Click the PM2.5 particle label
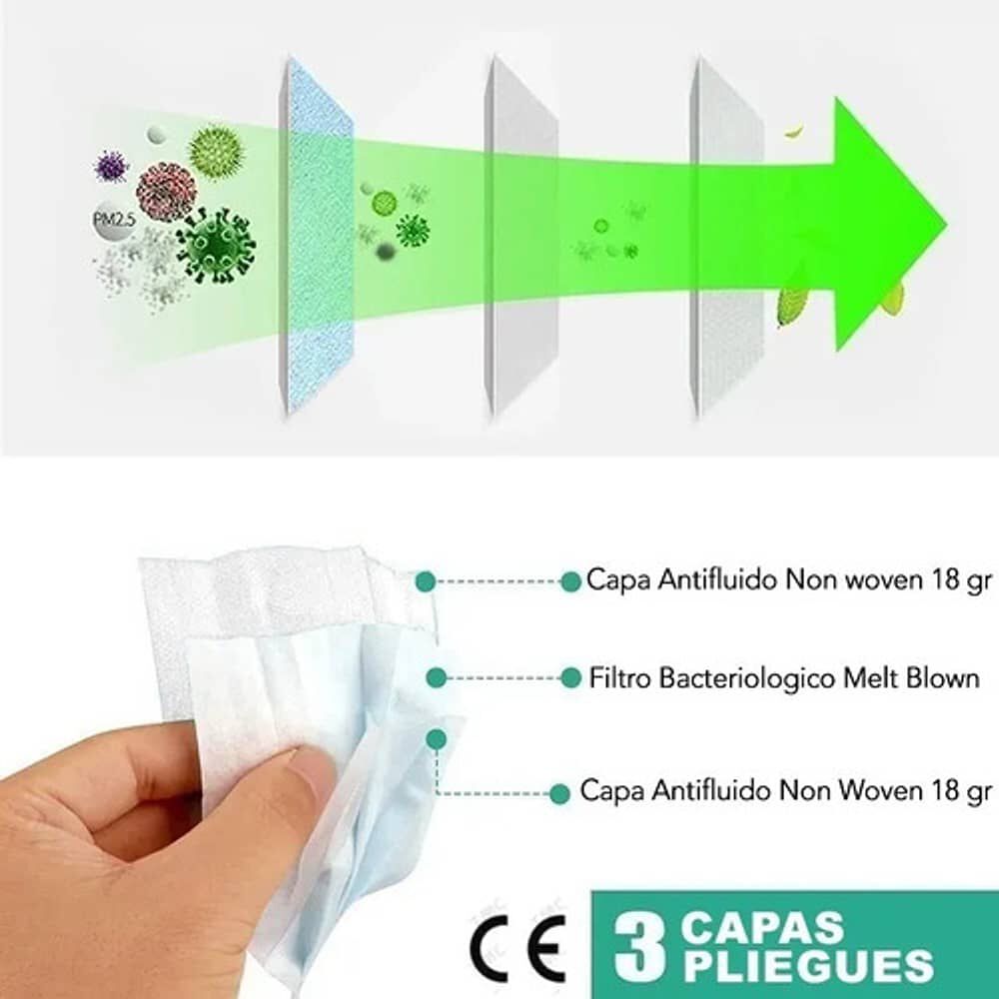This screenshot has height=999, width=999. (x=114, y=221)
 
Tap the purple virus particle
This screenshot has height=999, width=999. (x=111, y=166)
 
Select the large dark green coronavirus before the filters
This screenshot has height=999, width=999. (x=217, y=246)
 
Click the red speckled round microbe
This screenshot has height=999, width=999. (x=166, y=191)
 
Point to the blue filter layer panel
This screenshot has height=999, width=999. (x=317, y=236)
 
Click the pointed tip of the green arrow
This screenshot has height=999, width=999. (x=947, y=224)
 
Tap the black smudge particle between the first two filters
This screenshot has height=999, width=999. (x=386, y=253)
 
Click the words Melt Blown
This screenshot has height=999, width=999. (x=911, y=678)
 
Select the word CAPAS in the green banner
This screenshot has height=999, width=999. (x=762, y=928)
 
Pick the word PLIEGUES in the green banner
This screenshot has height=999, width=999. (x=808, y=966)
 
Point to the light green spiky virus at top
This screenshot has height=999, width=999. (x=216, y=153)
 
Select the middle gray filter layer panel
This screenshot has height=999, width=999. (x=521, y=236)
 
